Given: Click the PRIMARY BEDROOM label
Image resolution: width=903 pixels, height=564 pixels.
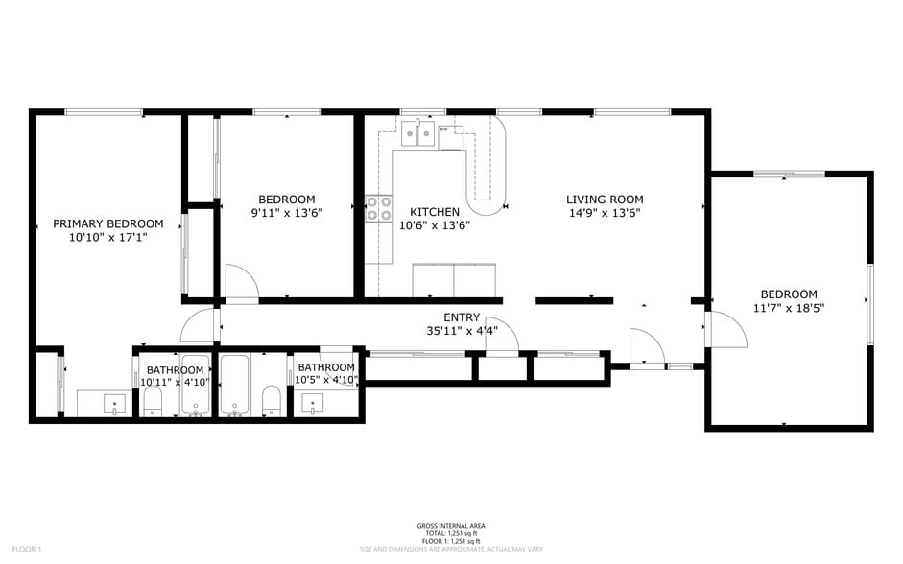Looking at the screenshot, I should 107,223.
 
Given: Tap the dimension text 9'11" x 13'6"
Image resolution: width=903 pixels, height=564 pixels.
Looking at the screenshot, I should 286,213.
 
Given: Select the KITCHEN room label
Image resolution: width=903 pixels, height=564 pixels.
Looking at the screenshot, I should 434,212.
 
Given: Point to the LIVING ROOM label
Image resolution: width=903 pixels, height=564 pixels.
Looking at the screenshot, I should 604,200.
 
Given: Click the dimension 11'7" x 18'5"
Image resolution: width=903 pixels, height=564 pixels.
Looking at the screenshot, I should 788,308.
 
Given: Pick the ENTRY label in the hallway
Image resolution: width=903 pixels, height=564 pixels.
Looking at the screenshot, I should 462,317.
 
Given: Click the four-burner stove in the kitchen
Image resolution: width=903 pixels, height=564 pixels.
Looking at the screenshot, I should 377,208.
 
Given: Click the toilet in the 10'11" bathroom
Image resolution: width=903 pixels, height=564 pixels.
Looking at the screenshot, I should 154,404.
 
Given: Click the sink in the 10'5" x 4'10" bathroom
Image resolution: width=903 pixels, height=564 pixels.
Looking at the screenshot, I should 312,404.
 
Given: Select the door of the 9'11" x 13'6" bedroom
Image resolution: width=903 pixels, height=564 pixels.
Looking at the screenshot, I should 241,284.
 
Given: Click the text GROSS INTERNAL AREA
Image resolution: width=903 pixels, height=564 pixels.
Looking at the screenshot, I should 450,525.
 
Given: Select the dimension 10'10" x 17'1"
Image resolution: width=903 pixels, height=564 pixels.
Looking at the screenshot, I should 107,237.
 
